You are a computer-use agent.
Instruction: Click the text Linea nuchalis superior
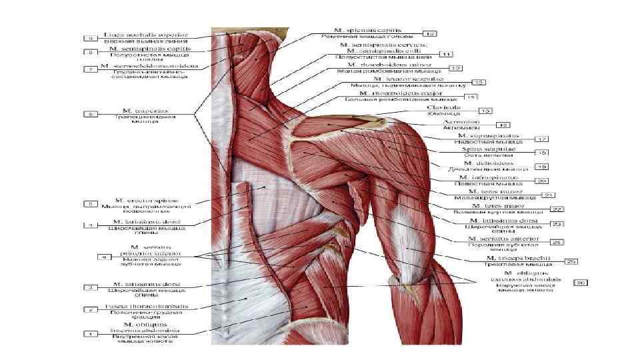coord(146,33)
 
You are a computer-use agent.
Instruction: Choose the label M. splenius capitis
coord(370,30)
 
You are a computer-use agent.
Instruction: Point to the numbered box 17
coord(542,139)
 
